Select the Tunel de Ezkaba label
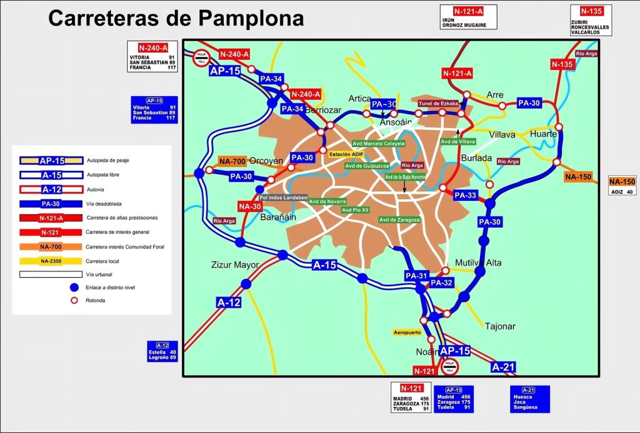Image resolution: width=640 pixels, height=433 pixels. pyautogui.click(x=438, y=103)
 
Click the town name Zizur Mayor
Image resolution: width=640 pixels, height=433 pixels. pyautogui.click(x=235, y=265)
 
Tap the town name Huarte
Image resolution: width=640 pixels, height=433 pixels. pyautogui.click(x=544, y=134)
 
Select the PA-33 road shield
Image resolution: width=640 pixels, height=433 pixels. pyautogui.click(x=465, y=196)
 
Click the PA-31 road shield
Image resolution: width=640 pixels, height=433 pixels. pyautogui.click(x=416, y=276)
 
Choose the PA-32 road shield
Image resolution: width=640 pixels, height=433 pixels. pyautogui.click(x=441, y=283)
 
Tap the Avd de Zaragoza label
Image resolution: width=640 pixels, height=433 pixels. pyautogui.click(x=399, y=220)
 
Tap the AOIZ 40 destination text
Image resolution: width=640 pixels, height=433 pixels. pyautogui.click(x=622, y=192)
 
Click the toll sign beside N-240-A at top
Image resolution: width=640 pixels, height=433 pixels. pyautogui.click(x=201, y=58)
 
